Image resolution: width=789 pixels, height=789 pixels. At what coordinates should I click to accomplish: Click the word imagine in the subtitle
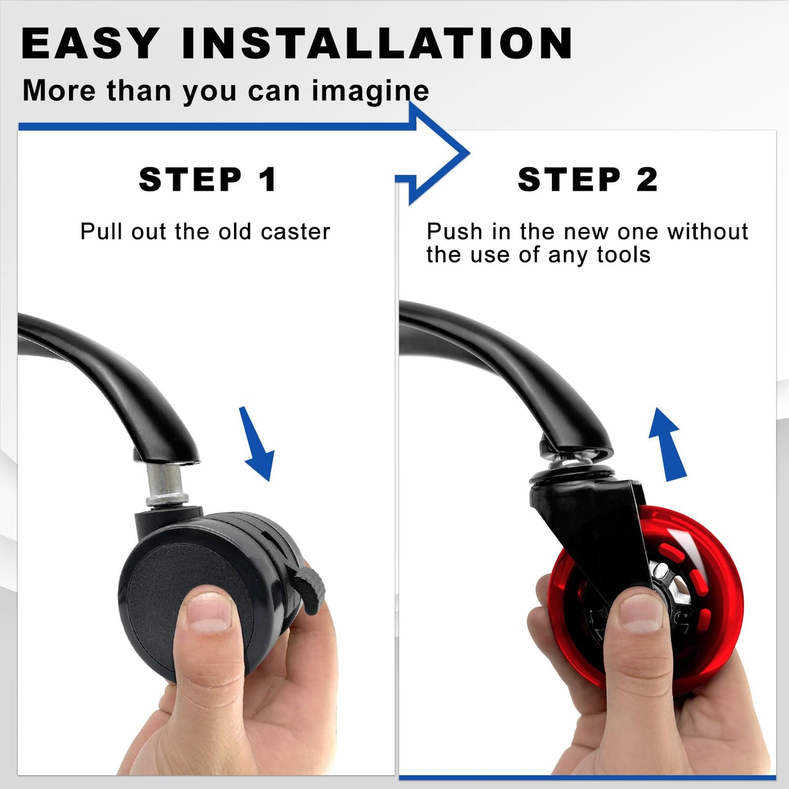coord(370,92)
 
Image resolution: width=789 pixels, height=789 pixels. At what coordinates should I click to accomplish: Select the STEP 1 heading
coord(207,179)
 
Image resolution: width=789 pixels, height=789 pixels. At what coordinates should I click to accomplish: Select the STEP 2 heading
coord(588,179)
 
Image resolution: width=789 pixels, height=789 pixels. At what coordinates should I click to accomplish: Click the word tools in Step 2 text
coord(623,255)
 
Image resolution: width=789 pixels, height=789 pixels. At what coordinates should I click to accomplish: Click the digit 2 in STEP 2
coord(647,179)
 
